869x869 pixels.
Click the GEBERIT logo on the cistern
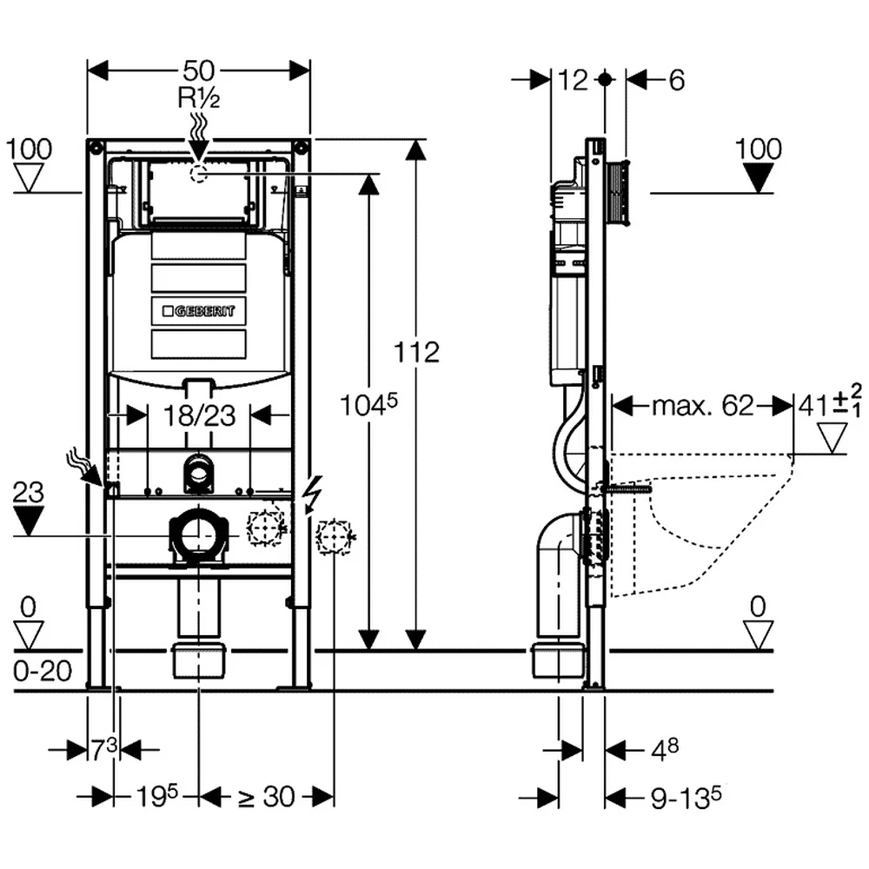point(198,311)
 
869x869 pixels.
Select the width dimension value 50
point(198,70)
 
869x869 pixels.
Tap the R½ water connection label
point(198,98)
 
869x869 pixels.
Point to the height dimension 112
point(416,352)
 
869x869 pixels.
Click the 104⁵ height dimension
point(368,405)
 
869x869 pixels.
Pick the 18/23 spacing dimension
point(200,415)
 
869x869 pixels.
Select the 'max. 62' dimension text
point(703,406)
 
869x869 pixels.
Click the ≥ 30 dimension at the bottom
point(266,797)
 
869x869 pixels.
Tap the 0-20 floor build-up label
point(43,671)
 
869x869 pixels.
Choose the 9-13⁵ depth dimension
point(687,797)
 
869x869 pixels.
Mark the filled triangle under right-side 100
point(758,178)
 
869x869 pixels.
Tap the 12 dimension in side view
point(572,80)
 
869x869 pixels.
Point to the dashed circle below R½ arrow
point(198,174)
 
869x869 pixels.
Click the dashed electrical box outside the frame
point(335,536)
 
